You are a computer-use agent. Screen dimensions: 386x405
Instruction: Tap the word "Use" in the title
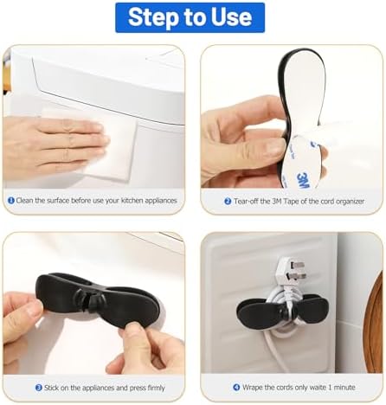click(231, 16)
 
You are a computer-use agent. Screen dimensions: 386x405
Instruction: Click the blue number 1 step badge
click(11, 200)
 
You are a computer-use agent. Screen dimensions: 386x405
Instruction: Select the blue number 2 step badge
click(228, 201)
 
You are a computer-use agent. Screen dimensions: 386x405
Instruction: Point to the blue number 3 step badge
click(39, 388)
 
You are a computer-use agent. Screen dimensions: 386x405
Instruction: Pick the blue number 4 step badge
click(236, 387)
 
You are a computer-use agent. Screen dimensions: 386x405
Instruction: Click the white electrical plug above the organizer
click(289, 273)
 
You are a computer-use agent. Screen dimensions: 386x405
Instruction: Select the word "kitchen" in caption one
click(132, 201)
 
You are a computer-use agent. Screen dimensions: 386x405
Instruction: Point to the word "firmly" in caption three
click(156, 388)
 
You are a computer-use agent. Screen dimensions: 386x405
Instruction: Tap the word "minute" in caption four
click(344, 387)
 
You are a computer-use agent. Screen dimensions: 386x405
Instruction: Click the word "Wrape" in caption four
click(253, 387)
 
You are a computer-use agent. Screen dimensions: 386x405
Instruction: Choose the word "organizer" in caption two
click(350, 202)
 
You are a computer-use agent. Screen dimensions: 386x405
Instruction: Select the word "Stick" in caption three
click(51, 388)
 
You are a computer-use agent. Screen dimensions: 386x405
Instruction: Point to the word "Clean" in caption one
click(24, 201)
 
